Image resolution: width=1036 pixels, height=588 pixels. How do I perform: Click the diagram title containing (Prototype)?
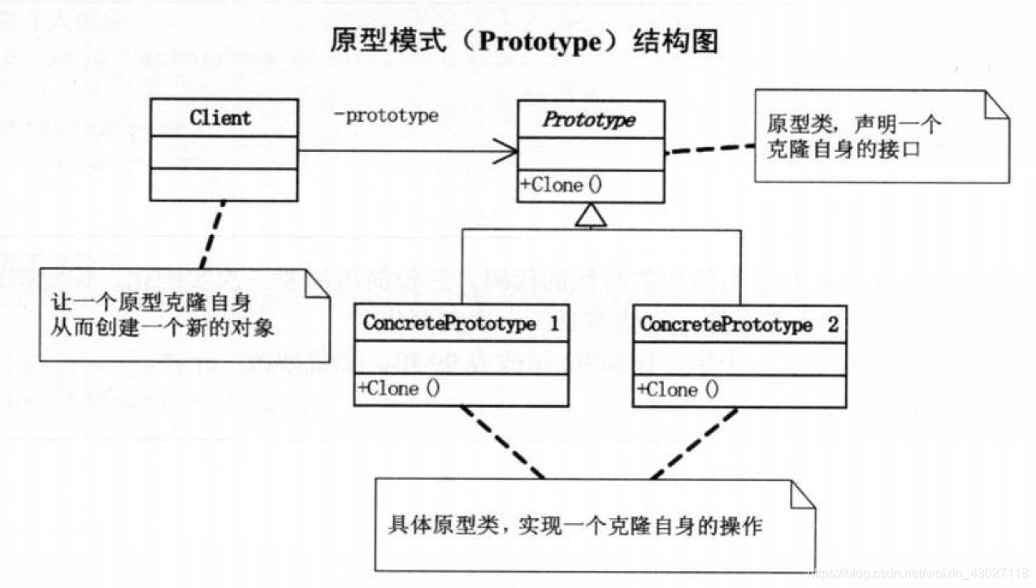[524, 42]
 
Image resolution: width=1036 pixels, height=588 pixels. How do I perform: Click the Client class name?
[220, 119]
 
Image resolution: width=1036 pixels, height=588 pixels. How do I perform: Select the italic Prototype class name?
[589, 120]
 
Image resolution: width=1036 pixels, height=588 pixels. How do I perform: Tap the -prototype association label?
[386, 116]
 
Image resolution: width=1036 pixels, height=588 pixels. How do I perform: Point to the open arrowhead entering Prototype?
[508, 151]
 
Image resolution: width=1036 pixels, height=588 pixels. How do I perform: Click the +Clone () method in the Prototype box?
[561, 185]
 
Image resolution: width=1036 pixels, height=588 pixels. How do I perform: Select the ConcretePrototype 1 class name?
[461, 324]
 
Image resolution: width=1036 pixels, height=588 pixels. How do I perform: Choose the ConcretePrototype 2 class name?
[739, 325]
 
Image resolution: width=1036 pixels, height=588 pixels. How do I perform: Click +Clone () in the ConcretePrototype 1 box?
[399, 389]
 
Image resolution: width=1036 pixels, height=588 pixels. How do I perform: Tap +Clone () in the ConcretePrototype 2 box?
[678, 390]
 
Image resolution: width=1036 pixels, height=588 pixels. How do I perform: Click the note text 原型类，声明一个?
[853, 125]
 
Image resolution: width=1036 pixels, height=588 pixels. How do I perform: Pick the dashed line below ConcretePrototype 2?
[695, 443]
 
